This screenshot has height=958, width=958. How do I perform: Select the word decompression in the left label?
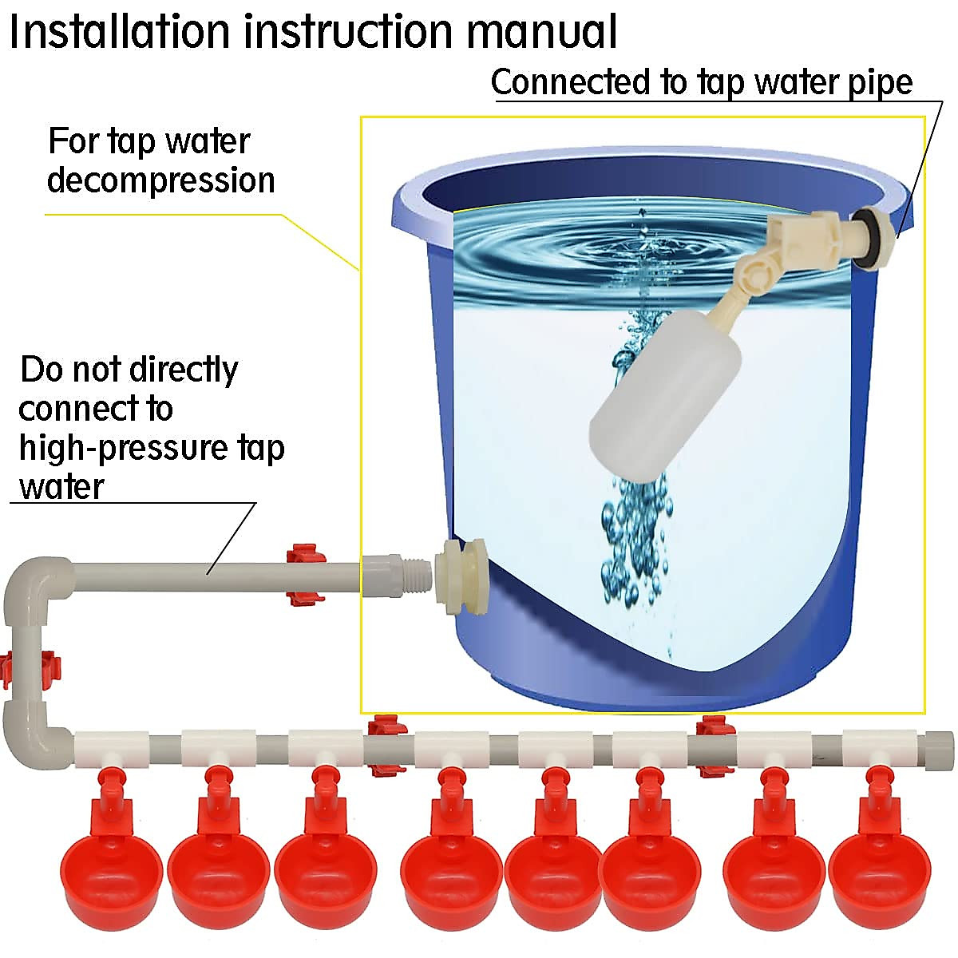click(x=160, y=180)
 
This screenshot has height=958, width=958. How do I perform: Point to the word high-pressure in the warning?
click(x=123, y=448)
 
